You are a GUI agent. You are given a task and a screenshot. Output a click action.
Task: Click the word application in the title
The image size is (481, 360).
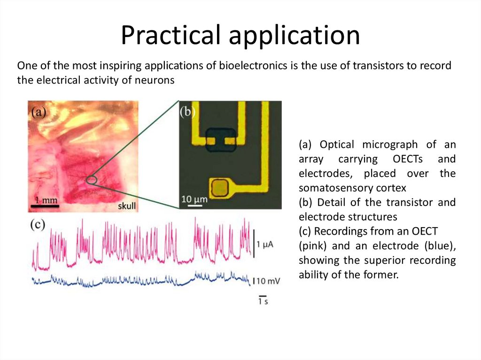tap(294, 36)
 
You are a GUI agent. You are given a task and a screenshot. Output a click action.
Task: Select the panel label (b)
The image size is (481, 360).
tap(187, 112)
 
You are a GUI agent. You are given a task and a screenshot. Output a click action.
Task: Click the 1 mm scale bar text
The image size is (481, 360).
tap(46, 200)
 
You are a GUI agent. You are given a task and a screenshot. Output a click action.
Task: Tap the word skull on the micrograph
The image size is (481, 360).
tap(127, 206)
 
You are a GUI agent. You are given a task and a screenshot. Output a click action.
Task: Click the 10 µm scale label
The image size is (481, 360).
tap(194, 199)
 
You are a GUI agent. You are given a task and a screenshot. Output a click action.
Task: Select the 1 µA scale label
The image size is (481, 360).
tap(265, 245)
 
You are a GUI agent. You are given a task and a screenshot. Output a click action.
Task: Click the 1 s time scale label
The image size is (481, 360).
tap(263, 301)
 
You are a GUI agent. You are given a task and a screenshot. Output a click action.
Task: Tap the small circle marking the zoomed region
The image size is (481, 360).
tap(92, 180)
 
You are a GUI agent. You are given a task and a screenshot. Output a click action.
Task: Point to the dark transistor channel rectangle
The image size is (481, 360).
tap(221, 140)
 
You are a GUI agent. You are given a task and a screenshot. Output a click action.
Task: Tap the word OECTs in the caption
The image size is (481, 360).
tap(407, 159)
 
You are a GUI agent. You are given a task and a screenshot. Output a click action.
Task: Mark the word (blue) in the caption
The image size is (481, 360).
tap(440, 246)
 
